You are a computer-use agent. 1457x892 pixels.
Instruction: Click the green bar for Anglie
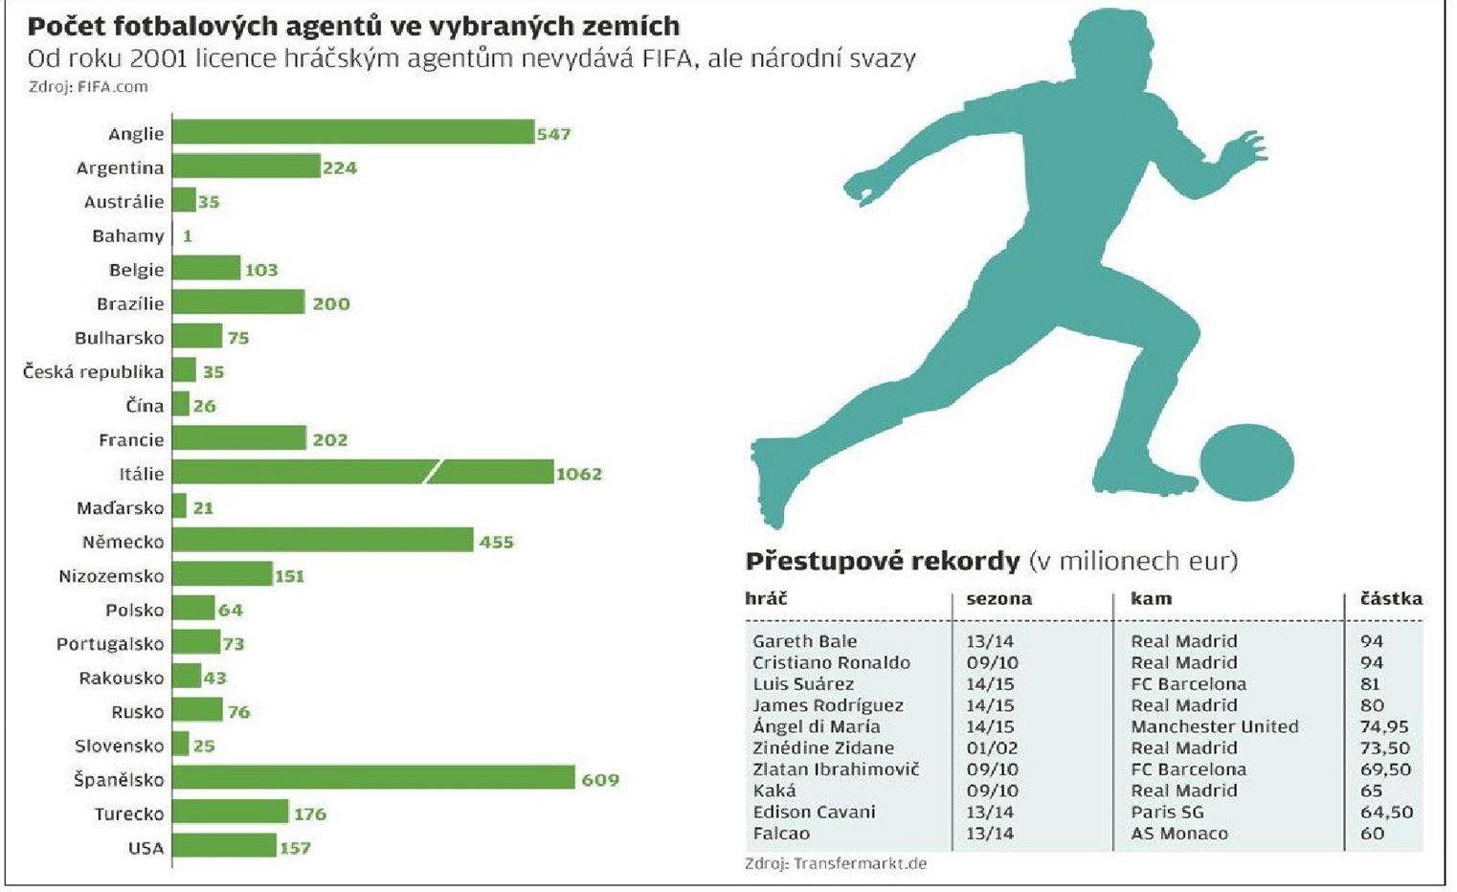pyautogui.click(x=352, y=132)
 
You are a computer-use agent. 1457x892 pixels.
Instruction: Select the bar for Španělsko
pyautogui.click(x=373, y=778)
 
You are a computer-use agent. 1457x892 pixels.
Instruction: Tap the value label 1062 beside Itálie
pyautogui.click(x=579, y=474)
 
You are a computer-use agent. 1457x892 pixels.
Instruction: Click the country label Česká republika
pyautogui.click(x=94, y=371)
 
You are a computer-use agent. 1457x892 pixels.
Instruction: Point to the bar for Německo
pyautogui.click(x=323, y=541)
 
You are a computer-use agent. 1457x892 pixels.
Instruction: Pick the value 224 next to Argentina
pyautogui.click(x=340, y=167)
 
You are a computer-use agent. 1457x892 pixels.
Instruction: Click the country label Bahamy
pyautogui.click(x=128, y=235)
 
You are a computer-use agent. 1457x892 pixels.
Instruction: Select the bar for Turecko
pyautogui.click(x=230, y=813)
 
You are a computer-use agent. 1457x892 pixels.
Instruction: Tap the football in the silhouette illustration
pyautogui.click(x=1246, y=462)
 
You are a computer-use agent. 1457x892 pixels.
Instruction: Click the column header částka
pyautogui.click(x=1391, y=599)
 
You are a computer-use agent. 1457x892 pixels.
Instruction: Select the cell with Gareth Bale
pyautogui.click(x=805, y=641)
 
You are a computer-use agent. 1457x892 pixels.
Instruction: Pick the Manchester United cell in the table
pyautogui.click(x=1214, y=726)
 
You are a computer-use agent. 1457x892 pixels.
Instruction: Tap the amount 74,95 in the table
pyautogui.click(x=1384, y=726)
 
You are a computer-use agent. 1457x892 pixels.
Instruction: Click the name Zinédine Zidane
pyautogui.click(x=823, y=747)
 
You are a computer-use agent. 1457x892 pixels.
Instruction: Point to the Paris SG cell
pyautogui.click(x=1167, y=812)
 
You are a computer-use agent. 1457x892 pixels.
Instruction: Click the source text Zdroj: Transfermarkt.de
pyautogui.click(x=836, y=863)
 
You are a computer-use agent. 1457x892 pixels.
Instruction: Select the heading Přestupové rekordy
pyautogui.click(x=883, y=561)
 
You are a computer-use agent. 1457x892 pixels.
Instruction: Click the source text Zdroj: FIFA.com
pyautogui.click(x=88, y=86)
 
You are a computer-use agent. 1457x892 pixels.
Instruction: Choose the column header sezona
pyautogui.click(x=998, y=599)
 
